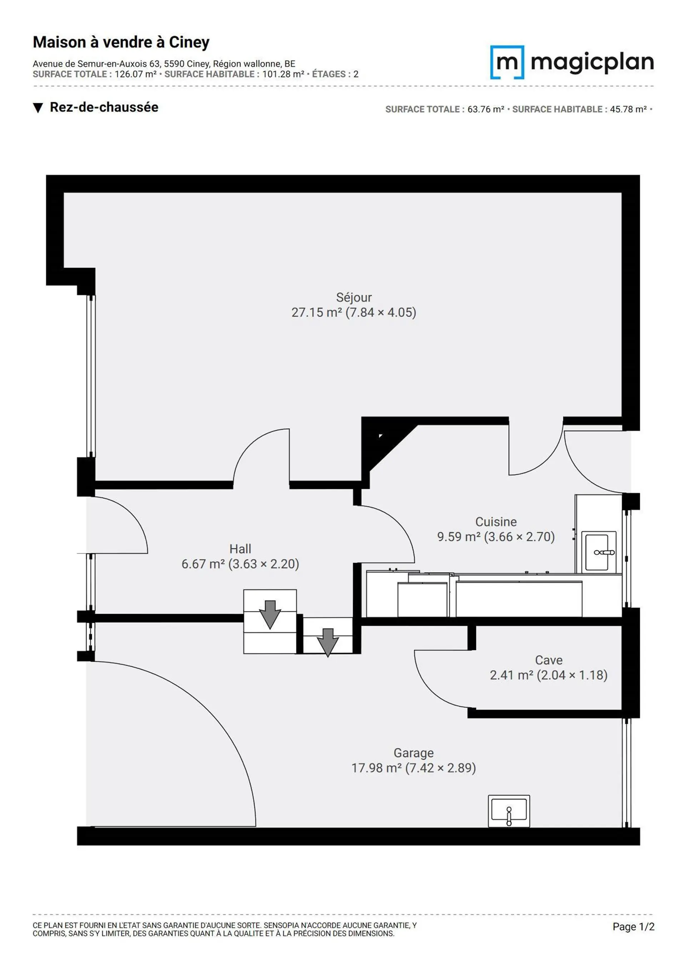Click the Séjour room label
pyautogui.click(x=354, y=297)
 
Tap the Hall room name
pyautogui.click(x=240, y=549)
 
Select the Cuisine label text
pyautogui.click(x=496, y=522)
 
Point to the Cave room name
pyautogui.click(x=549, y=660)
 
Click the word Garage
pyautogui.click(x=413, y=753)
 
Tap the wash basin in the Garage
pyautogui.click(x=509, y=811)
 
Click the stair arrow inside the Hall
pyautogui.click(x=270, y=615)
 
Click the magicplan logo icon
pyautogui.click(x=507, y=62)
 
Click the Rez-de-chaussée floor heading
pyautogui.click(x=104, y=107)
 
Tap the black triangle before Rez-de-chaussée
pyautogui.click(x=38, y=108)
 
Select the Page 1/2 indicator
pyautogui.click(x=633, y=926)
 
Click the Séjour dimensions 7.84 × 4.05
pyautogui.click(x=381, y=312)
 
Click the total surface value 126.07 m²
pyautogui.click(x=136, y=74)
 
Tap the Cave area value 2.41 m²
pyautogui.click(x=511, y=675)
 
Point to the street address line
pyautogui.click(x=164, y=64)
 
